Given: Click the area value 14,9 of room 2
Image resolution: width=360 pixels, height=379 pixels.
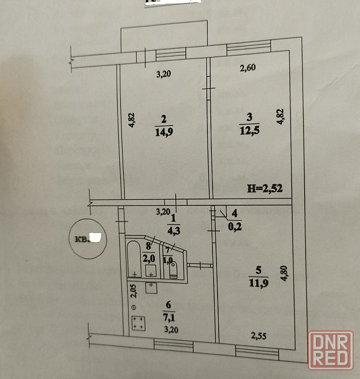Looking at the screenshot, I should pos(164,133).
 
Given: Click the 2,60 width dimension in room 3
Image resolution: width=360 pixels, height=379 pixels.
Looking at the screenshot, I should pos(247,69).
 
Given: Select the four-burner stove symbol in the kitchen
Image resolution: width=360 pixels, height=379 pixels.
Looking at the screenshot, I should pos(137,324).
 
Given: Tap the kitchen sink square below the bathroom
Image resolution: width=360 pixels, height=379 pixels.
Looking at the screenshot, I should pos(151,287).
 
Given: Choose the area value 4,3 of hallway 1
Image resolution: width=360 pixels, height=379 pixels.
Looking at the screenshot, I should pos(174,230).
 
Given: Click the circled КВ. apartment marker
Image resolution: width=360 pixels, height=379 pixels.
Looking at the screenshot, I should pos(85,238).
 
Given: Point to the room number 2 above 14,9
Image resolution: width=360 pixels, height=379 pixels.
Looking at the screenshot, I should pos(163,119).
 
